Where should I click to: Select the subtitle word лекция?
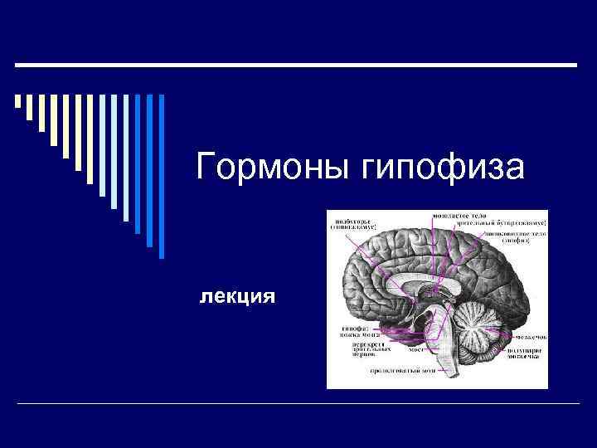click(236, 295)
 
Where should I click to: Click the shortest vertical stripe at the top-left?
click(18, 102)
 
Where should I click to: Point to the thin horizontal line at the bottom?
click(298, 403)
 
